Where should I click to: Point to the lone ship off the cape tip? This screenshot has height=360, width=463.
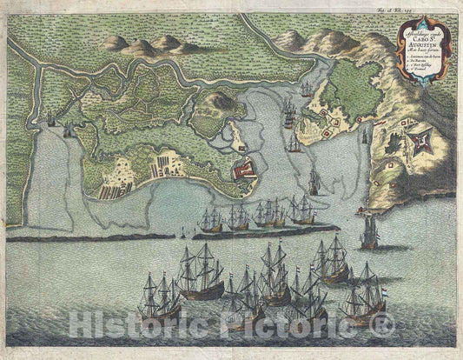click(370, 231)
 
